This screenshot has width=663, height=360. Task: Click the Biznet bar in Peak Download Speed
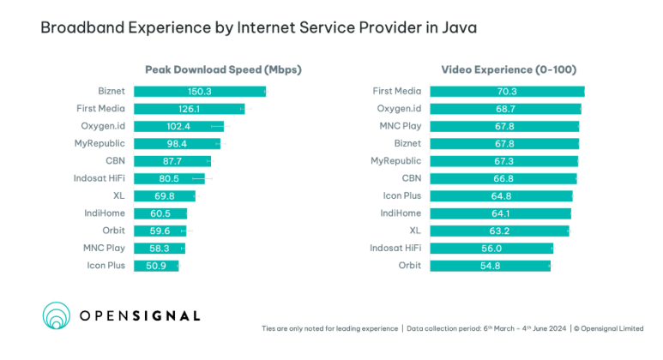199,91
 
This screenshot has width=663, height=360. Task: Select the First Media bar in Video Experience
507,91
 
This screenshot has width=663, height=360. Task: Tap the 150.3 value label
199,91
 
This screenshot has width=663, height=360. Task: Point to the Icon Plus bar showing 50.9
156,266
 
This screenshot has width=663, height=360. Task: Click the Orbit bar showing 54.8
490,266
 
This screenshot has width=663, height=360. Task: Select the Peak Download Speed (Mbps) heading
223,69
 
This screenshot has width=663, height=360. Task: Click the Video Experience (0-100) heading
509,69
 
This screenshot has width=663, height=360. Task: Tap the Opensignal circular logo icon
57,315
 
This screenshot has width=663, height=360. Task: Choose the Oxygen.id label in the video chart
399,109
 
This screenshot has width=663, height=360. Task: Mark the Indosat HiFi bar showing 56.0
491,249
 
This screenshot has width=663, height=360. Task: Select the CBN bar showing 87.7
172,161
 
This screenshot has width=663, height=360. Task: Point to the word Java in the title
459,28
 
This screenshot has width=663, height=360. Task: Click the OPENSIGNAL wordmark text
140,316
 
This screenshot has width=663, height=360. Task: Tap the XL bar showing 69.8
164,196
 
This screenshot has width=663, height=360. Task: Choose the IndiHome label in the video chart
401,213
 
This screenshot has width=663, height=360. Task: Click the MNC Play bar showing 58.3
159,249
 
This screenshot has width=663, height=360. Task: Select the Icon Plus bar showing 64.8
501,196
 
